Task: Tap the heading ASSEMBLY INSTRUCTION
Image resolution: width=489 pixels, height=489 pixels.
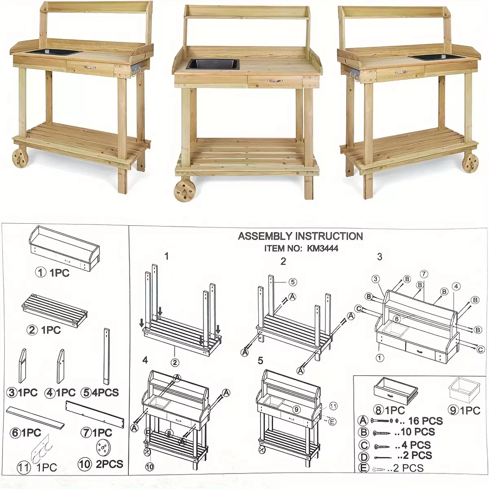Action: (300, 236)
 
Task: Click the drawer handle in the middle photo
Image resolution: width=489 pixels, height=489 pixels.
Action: (275, 81)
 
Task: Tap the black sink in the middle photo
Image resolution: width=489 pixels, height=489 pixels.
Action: (213, 64)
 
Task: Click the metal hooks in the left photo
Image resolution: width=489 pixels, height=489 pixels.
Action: (136, 70)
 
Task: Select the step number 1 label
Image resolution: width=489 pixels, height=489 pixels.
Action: (167, 257)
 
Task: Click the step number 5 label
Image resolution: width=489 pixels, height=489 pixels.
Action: (260, 361)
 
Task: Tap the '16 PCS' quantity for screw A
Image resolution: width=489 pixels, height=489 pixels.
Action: (425, 421)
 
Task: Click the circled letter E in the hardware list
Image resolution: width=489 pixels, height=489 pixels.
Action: (363, 468)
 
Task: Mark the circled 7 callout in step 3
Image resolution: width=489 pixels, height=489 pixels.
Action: (424, 274)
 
